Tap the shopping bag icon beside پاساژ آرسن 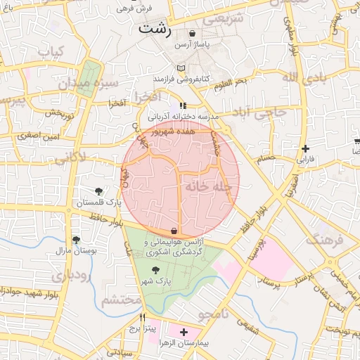coord(193,33)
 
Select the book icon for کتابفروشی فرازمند coord(181,69)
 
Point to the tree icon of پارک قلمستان coord(98,191)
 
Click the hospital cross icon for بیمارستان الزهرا coord(184,332)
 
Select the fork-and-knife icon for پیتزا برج coord(143,317)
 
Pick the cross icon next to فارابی coord(305,148)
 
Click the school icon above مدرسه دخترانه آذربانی coord(184,106)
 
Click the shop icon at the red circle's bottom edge coord(174,231)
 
